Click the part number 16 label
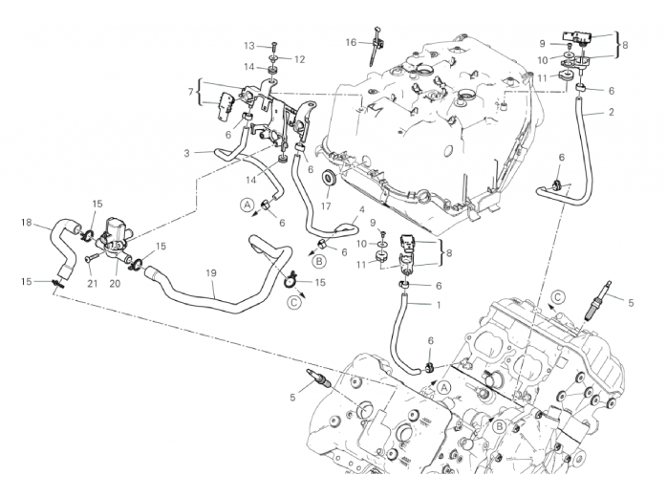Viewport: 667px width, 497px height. [351, 42]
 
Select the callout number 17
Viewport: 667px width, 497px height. [326, 205]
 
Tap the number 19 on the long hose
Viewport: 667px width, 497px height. [211, 273]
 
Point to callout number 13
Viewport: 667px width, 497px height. [248, 46]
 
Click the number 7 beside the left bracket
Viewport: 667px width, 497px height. [190, 92]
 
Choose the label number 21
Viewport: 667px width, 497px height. [93, 284]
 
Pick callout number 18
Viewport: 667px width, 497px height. [27, 222]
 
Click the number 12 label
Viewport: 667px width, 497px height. [300, 59]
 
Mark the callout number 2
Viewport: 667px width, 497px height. [612, 113]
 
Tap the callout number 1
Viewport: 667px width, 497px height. [439, 305]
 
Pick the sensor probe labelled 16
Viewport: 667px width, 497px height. [376, 46]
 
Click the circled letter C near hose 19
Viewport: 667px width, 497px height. [293, 303]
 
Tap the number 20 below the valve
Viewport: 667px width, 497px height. [115, 284]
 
